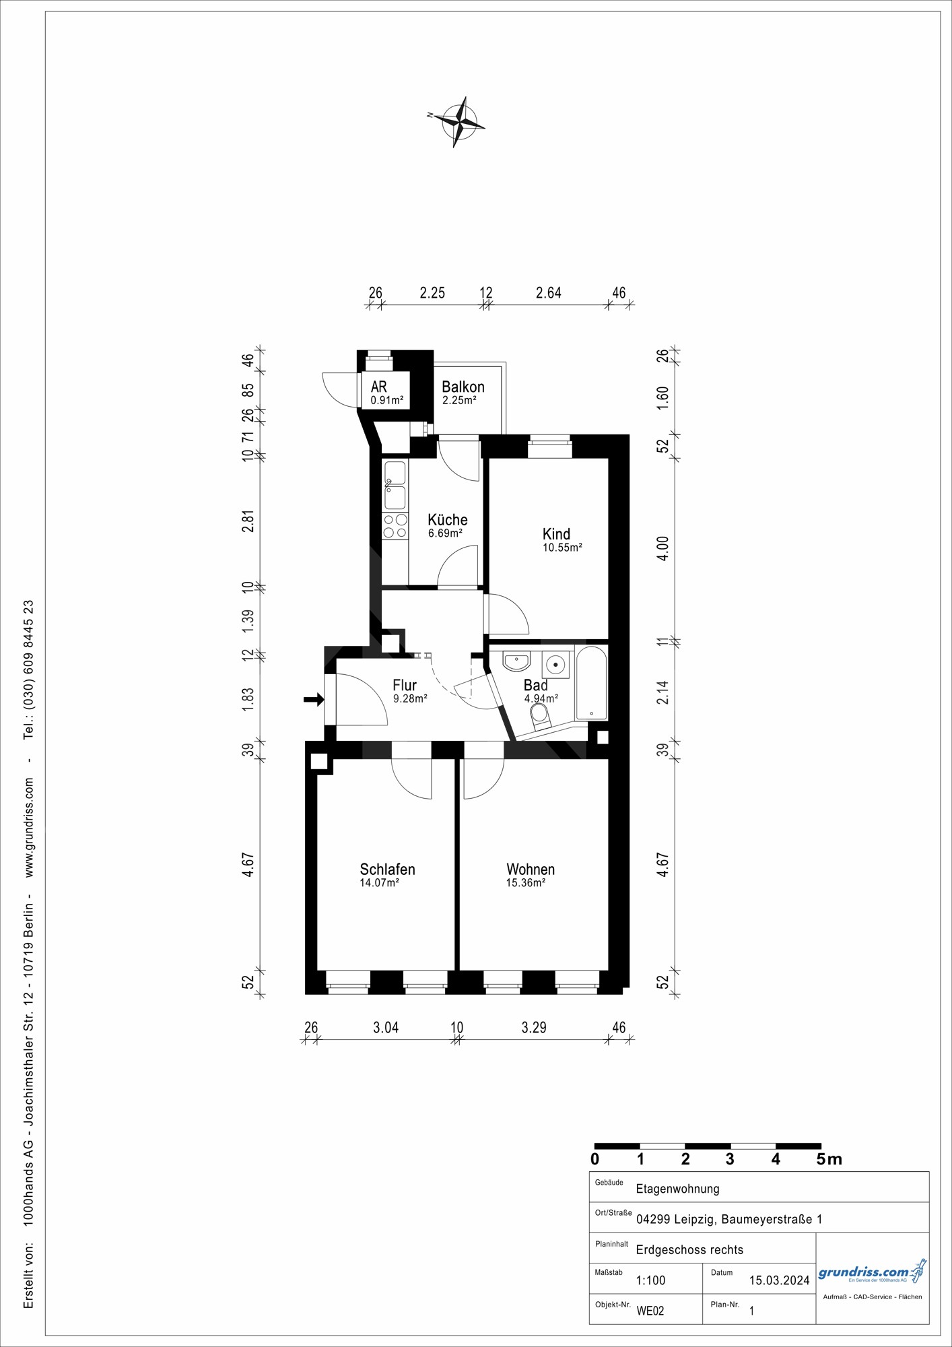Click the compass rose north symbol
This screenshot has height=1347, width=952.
[x=458, y=122]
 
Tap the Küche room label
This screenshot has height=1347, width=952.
[x=448, y=520]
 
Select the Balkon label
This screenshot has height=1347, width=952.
[x=463, y=387]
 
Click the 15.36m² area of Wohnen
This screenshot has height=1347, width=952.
[x=526, y=883]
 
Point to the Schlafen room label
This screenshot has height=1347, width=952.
[x=387, y=869]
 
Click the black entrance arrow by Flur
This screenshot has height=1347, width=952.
[x=314, y=700]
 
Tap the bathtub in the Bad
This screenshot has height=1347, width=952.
[x=592, y=684]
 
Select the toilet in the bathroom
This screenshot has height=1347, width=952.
[x=541, y=717]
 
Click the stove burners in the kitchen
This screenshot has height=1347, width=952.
[x=395, y=526]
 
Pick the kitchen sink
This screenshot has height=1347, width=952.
[x=395, y=486]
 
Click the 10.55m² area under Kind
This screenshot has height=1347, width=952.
[x=562, y=548]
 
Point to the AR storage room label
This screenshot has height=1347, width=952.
[x=379, y=387]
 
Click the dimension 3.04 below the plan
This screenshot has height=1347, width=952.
[x=386, y=1027]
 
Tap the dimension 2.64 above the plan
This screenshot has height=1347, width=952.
[x=548, y=293]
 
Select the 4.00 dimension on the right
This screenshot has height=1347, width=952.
[x=663, y=549]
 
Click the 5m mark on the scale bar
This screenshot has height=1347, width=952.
[x=829, y=1160]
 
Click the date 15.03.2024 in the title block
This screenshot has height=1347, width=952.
[x=780, y=1280]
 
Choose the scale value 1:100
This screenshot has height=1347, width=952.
[x=650, y=1280]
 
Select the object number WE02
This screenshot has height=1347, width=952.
[x=650, y=1311]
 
